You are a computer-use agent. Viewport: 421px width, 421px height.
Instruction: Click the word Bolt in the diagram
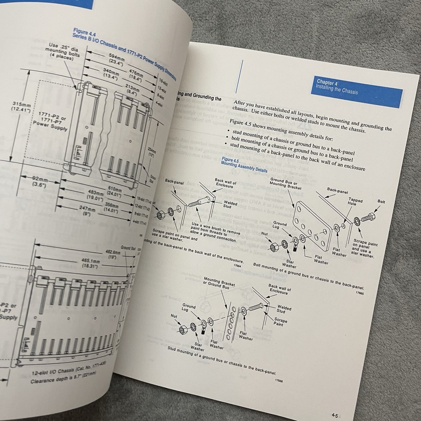[x=381, y=202]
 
